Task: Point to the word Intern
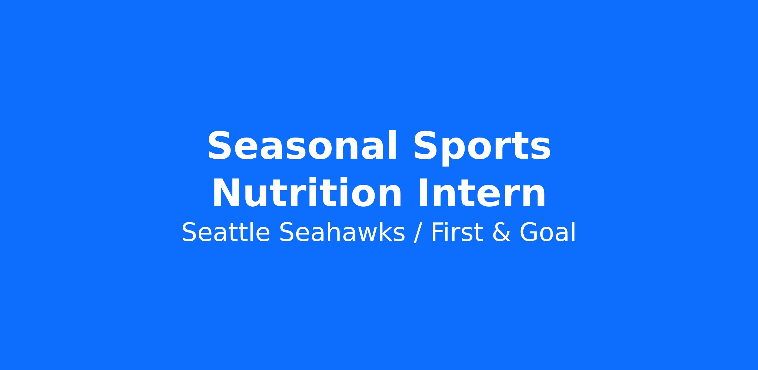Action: click(x=482, y=193)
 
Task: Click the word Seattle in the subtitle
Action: click(x=226, y=232)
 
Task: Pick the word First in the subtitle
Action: click(x=457, y=232)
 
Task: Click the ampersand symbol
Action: click(x=501, y=233)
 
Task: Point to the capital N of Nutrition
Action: click(x=228, y=193)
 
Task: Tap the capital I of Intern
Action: click(x=424, y=193)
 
